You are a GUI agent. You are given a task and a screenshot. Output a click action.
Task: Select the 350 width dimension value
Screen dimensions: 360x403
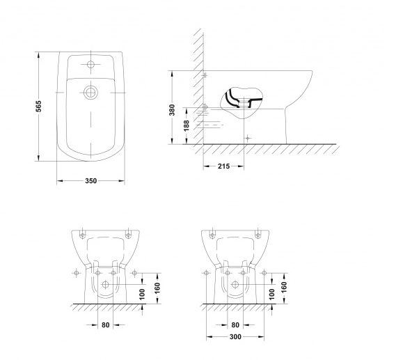click(90, 181)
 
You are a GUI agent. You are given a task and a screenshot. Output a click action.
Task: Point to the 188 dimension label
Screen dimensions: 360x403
click(185, 125)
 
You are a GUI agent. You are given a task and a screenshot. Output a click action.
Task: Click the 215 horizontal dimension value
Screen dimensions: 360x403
click(224, 166)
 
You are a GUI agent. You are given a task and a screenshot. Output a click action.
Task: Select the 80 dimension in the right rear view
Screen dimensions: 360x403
click(237, 324)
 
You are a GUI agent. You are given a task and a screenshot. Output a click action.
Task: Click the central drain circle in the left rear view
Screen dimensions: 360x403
click(105, 285)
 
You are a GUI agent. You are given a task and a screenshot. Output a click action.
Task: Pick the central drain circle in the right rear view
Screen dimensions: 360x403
click(235, 285)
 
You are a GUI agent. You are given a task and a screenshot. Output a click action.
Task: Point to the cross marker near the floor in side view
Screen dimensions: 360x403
click(248, 137)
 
